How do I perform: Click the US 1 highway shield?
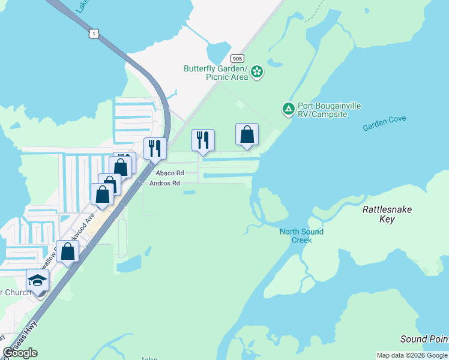click(93, 34)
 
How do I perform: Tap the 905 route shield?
click(237, 58)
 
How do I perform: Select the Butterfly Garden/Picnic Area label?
click(215, 73)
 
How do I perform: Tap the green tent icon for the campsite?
click(289, 109)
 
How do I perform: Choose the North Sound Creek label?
click(301, 236)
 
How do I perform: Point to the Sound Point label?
click(424, 339)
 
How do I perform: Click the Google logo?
click(20, 353)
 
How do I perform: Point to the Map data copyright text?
click(411, 355)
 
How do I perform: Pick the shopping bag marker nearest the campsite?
click(247, 136)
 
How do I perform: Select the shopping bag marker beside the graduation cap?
click(68, 251)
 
